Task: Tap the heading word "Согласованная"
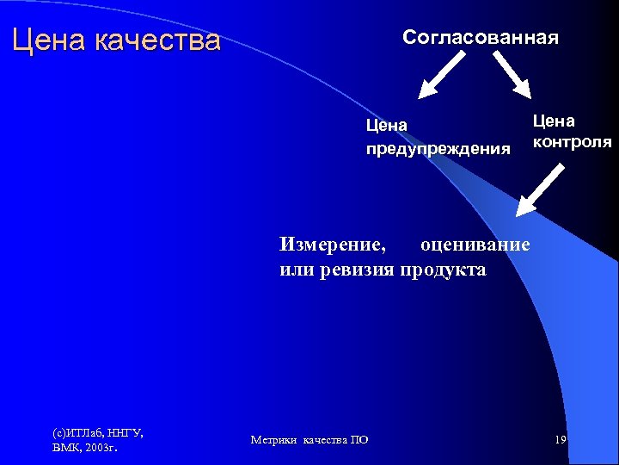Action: (x=481, y=38)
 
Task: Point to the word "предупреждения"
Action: (x=438, y=148)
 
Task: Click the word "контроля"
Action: (x=572, y=141)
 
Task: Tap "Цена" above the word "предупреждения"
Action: (x=386, y=126)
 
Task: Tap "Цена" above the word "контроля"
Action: (x=554, y=121)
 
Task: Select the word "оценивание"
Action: (x=475, y=244)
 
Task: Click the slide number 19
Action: (x=560, y=440)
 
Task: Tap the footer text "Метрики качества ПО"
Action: (x=309, y=440)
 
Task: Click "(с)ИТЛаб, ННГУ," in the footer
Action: (x=97, y=432)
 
